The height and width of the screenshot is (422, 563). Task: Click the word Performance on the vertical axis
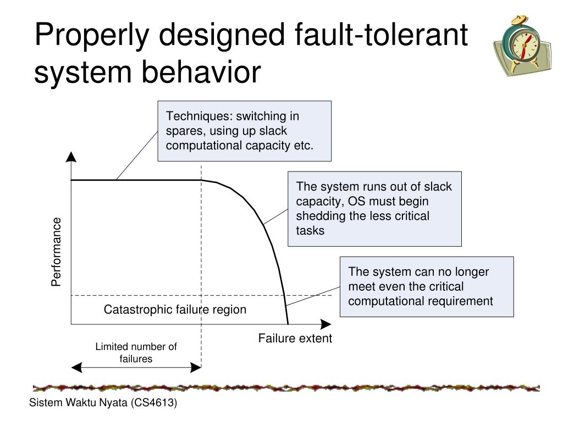56,252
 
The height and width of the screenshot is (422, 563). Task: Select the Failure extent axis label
295,338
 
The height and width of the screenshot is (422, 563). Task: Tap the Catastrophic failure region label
175,310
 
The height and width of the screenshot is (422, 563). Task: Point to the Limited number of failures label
136,353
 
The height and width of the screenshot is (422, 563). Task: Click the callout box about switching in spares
245,131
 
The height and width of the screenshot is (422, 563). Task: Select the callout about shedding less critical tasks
374,208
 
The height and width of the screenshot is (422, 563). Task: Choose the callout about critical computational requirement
426,286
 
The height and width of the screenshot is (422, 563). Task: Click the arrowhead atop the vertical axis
71,157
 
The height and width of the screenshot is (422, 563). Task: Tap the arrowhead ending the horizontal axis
326,324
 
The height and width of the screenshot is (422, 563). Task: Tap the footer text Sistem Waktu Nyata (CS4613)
103,403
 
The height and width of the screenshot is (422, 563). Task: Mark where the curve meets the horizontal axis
288,324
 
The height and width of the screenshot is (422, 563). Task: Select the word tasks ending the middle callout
311,231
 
